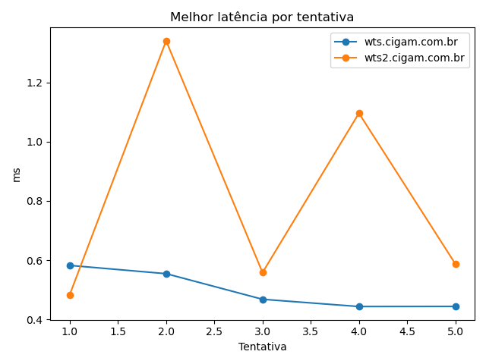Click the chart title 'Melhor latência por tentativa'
(x=262, y=17)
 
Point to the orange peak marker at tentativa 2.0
(x=166, y=41)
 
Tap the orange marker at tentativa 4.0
(x=359, y=113)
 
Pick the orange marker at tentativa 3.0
(x=263, y=272)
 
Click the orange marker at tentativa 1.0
(x=70, y=295)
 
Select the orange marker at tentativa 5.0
(x=456, y=264)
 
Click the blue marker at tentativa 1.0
(x=70, y=265)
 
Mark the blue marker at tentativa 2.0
(x=166, y=274)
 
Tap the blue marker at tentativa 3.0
(x=263, y=300)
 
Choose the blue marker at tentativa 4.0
(x=359, y=306)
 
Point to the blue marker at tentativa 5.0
(x=456, y=306)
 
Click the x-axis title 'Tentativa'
(x=263, y=347)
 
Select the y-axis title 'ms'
(x=17, y=174)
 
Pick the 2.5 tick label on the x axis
(x=214, y=331)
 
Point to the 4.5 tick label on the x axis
(x=407, y=331)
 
